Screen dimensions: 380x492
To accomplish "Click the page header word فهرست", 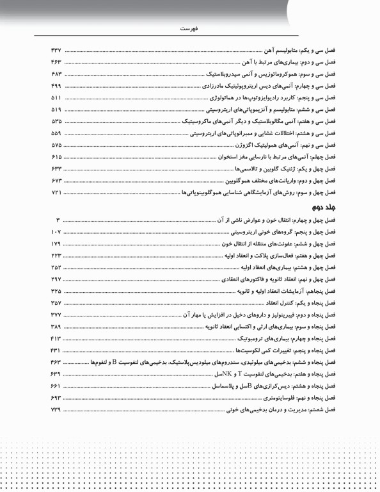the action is point(190,29).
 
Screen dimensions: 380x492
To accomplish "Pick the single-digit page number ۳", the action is point(58,220).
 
